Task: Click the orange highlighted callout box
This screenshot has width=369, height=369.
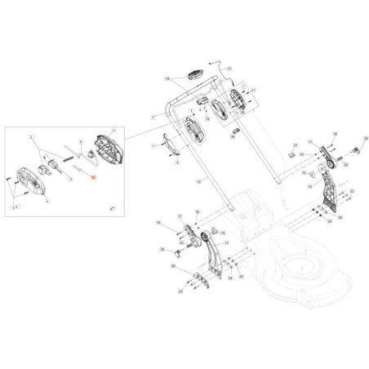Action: tap(94, 176)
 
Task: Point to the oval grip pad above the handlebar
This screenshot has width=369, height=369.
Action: tap(194, 76)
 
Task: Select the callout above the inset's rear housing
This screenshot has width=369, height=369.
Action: tap(113, 130)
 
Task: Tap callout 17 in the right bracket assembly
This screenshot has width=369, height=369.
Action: tap(310, 142)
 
